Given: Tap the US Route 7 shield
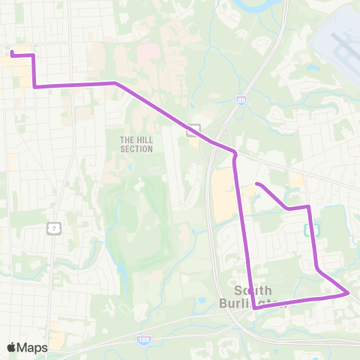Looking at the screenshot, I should pos(53,228).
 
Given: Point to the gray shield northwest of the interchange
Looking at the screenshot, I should pos(193,129).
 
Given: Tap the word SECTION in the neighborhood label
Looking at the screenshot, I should pos(136,149).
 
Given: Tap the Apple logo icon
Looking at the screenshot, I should pos(12,347).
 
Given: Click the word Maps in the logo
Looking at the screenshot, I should pos(32,347).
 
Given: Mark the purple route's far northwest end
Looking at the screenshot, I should pos(11,53).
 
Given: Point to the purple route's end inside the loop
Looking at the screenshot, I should pos(257,184).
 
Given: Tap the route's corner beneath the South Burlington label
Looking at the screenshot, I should pos(255,307).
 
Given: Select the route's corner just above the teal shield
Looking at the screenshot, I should pos(308,206).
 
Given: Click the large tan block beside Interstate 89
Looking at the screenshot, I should pos(223,195).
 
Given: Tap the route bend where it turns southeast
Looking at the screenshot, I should pos(115,83).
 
